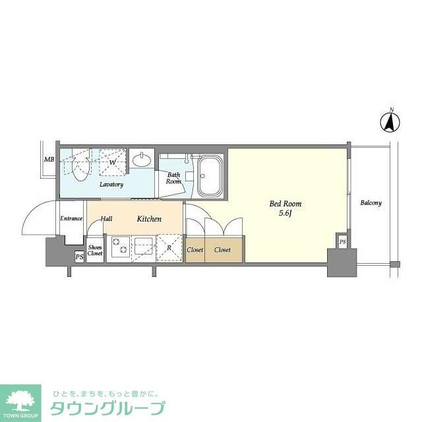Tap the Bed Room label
(x=286, y=204)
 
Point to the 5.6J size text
(x=285, y=214)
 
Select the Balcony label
(x=371, y=203)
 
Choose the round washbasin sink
(x=142, y=160)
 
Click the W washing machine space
(x=112, y=162)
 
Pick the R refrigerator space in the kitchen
(x=169, y=249)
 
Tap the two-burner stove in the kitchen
(x=120, y=249)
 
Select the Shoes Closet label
(x=95, y=250)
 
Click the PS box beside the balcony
(x=342, y=242)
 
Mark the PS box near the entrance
(x=79, y=256)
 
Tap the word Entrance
(x=71, y=218)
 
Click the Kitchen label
(x=149, y=218)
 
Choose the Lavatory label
(x=111, y=185)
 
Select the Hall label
(x=106, y=218)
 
